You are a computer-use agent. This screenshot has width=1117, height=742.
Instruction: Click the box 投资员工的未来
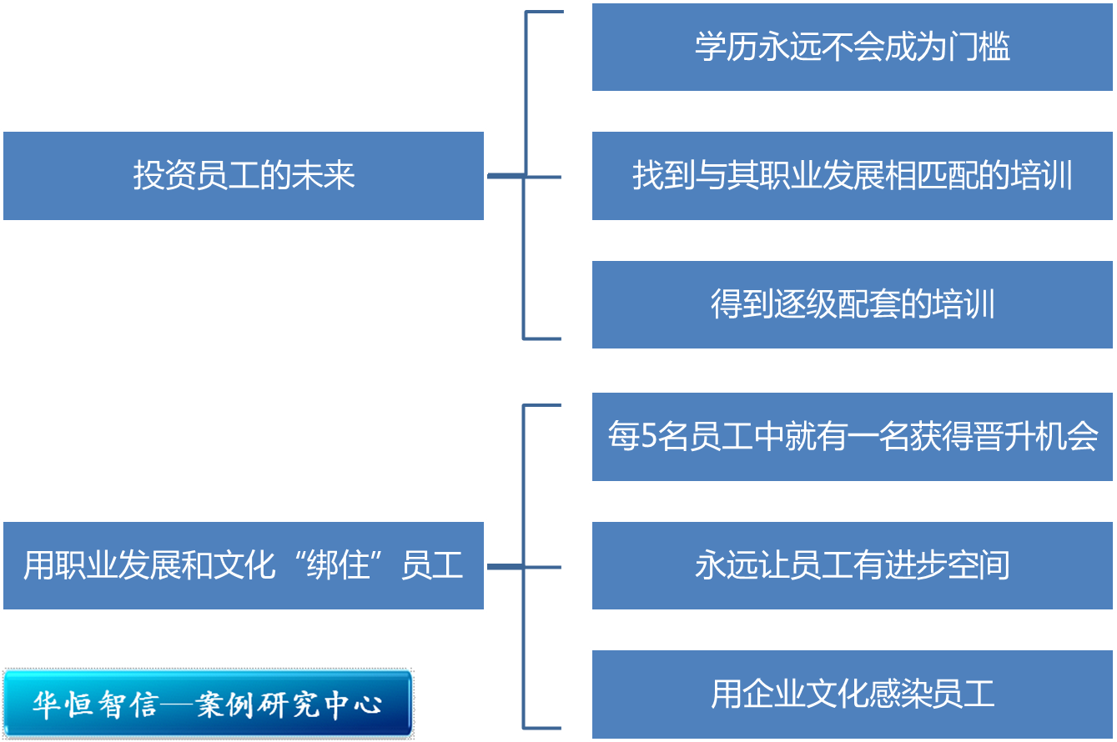(244, 176)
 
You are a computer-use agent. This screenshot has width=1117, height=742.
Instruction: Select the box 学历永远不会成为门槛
(853, 48)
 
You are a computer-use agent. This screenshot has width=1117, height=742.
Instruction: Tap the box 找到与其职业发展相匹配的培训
(853, 176)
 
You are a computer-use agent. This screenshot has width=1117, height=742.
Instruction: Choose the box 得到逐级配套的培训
(853, 304)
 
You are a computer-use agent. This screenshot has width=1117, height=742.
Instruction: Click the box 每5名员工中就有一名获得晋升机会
(853, 436)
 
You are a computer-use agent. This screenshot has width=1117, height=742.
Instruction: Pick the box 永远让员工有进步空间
(853, 565)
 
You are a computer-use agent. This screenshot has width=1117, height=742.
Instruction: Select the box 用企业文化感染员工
(853, 694)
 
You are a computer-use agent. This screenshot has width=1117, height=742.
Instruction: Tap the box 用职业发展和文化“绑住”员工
(244, 565)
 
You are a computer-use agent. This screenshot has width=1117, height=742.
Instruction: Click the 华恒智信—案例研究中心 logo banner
(208, 703)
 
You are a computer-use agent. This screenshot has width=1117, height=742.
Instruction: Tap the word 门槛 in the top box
(979, 48)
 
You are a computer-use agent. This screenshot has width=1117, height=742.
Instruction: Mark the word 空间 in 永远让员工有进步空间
(979, 565)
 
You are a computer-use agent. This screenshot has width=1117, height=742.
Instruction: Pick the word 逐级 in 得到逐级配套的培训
(789, 304)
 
